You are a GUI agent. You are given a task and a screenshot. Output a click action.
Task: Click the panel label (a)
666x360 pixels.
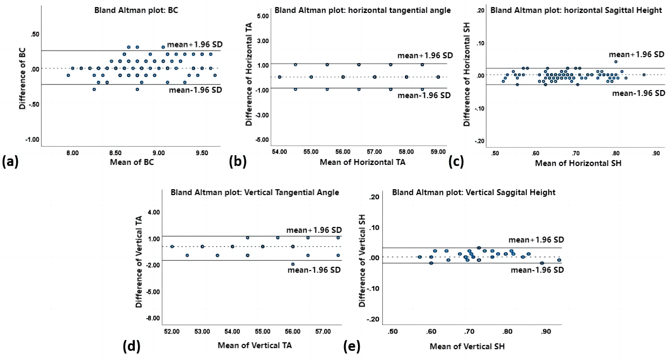(11, 161)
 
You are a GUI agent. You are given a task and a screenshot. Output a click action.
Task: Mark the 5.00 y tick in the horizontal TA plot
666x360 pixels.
(262, 17)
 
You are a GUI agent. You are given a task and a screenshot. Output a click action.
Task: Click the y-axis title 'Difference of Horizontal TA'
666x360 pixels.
(249, 79)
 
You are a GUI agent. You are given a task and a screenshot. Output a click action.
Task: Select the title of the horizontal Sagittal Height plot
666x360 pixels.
(576, 10)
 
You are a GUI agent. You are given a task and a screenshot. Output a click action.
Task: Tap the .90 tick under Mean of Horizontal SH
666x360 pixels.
(656, 153)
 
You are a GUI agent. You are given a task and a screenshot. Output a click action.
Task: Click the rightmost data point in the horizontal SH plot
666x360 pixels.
(644, 75)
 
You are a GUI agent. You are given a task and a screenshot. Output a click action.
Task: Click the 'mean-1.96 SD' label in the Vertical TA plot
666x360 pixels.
(314, 269)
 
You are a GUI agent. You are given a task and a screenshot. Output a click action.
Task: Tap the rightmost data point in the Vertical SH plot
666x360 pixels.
(559, 260)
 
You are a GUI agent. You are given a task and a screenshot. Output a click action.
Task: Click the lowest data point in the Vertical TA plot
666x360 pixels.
(293, 264)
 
